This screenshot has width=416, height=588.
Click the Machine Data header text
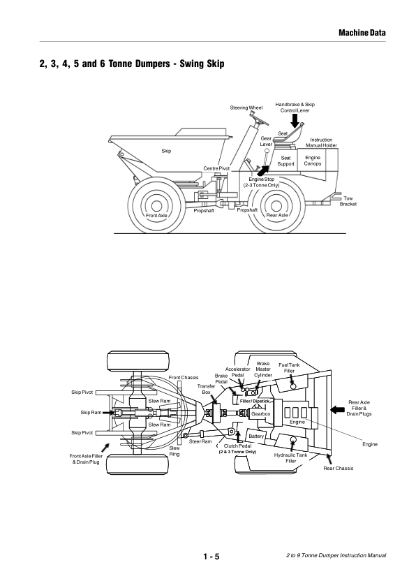(x=362, y=33)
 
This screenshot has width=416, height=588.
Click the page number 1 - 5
(x=211, y=557)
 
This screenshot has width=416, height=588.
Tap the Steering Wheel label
(x=246, y=108)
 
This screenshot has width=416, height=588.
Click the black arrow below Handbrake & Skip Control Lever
(x=295, y=121)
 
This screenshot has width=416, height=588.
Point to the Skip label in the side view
(x=166, y=151)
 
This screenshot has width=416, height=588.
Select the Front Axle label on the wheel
(x=156, y=216)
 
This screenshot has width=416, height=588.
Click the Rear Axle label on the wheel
(x=277, y=215)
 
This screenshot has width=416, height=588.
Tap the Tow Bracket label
(x=348, y=201)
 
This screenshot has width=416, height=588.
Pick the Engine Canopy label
(x=313, y=161)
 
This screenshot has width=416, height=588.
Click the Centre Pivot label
(x=216, y=168)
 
